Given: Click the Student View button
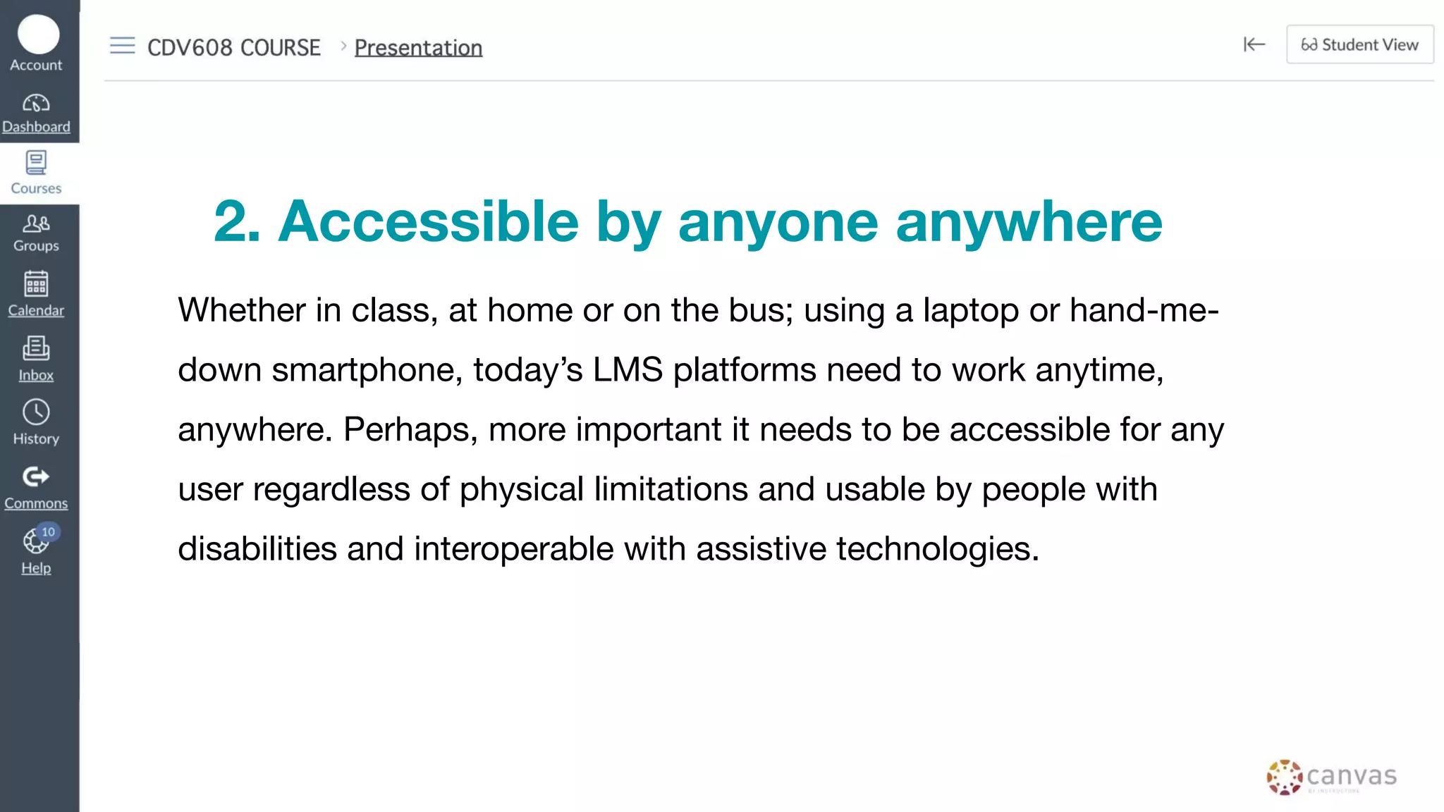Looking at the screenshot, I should click(x=1359, y=45).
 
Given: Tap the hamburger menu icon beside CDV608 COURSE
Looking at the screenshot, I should click(x=122, y=46).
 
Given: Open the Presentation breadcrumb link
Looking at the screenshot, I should click(x=418, y=47).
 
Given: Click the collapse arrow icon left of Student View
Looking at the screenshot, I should click(x=1254, y=45).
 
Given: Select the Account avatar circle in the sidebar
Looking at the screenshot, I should click(x=38, y=35).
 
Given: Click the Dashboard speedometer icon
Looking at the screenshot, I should click(x=36, y=104).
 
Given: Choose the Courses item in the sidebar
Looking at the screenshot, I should click(x=36, y=173).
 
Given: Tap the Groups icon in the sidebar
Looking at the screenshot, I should click(x=36, y=224).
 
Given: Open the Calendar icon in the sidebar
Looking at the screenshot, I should click(x=36, y=285).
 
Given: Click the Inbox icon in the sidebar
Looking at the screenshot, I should click(x=36, y=348).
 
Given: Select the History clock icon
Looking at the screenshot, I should click(x=36, y=412).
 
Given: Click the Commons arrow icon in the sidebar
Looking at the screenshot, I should click(x=36, y=477).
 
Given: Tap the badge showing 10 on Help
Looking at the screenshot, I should click(x=48, y=532).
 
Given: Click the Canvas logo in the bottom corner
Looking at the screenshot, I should click(x=1331, y=777).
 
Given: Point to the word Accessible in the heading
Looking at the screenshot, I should click(x=428, y=222).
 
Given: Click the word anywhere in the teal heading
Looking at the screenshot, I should click(x=1029, y=222).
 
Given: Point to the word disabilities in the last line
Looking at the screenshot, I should click(x=257, y=549).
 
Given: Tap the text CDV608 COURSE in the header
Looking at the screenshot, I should click(x=233, y=47).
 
